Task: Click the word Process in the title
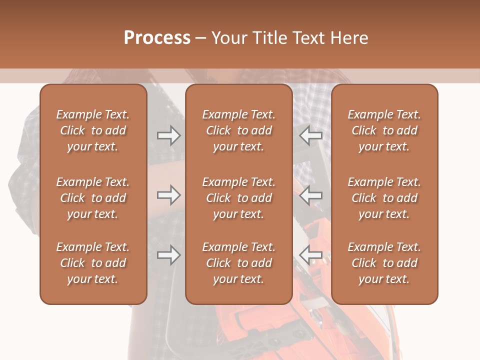[157, 38]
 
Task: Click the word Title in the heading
[269, 38]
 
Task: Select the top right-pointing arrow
[168, 135]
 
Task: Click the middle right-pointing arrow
[168, 195]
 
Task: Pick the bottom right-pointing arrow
[168, 255]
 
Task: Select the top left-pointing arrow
[311, 135]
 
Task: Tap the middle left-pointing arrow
[311, 195]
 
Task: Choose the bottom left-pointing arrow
[311, 255]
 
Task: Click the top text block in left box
[93, 130]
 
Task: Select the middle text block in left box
[93, 198]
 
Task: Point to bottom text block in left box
[93, 263]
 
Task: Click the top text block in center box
[238, 130]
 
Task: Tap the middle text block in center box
[238, 198]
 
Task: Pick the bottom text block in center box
[238, 263]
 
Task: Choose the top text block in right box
[384, 130]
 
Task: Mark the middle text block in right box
[384, 198]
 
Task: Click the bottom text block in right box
[384, 263]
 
